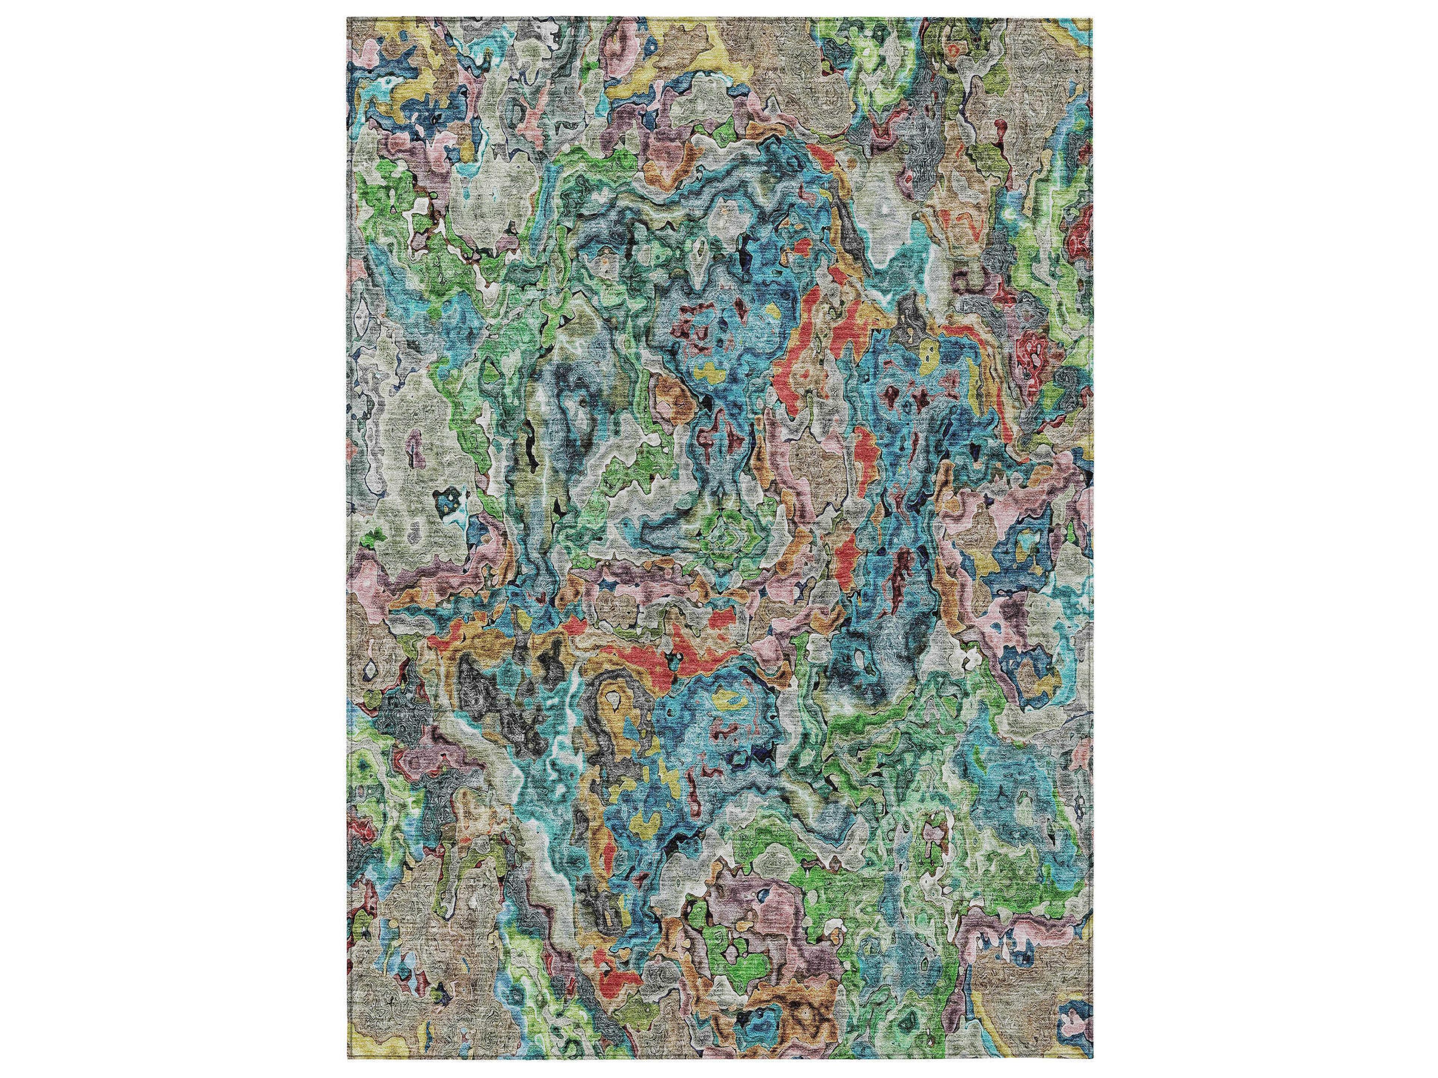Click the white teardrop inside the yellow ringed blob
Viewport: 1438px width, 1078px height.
point(612,700)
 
